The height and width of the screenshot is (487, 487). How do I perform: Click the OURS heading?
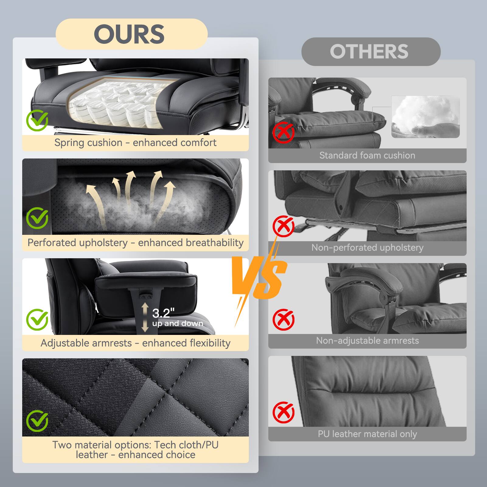pyautogui.click(x=129, y=34)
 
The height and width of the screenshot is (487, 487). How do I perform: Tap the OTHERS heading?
pyautogui.click(x=369, y=51)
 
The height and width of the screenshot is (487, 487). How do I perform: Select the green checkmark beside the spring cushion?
pyautogui.click(x=37, y=120)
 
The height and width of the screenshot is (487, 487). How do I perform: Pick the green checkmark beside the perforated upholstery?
pyautogui.click(x=37, y=218)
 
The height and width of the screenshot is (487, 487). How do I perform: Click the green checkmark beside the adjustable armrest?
pyautogui.click(x=37, y=319)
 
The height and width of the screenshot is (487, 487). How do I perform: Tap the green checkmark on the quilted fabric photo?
pyautogui.click(x=37, y=421)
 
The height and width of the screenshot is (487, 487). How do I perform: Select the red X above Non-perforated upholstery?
pyautogui.click(x=283, y=226)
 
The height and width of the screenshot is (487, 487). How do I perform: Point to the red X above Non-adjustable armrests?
pyautogui.click(x=283, y=319)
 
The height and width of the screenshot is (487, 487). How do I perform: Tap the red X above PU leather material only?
pyautogui.click(x=283, y=412)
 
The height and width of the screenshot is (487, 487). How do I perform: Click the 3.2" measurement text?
pyautogui.click(x=163, y=313)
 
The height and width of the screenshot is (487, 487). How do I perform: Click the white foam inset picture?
pyautogui.click(x=425, y=117)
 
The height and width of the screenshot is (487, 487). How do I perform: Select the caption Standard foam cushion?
pyautogui.click(x=367, y=155)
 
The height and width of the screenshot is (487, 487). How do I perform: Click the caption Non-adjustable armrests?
pyautogui.click(x=367, y=341)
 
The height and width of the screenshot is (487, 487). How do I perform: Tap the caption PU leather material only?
pyautogui.click(x=367, y=434)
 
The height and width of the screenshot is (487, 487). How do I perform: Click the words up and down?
pyautogui.click(x=178, y=323)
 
